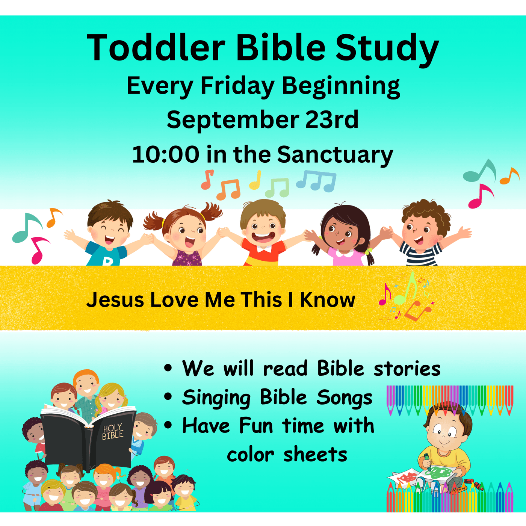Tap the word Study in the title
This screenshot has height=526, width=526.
coord(387,50)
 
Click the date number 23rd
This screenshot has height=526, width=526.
coord(332,120)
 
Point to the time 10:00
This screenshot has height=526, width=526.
coord(165,154)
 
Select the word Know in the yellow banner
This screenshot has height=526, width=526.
coord(328,300)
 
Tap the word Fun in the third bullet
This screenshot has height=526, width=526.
coord(256,426)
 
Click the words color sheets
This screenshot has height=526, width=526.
coord(287,455)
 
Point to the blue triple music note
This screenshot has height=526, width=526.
coord(316,181)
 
